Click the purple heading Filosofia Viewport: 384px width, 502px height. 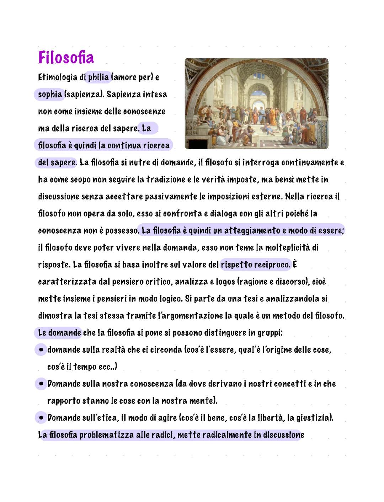coord(66,57)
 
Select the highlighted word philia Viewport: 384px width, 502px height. coord(98,77)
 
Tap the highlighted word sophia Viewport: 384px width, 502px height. coord(50,94)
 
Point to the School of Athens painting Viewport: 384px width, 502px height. coord(256,103)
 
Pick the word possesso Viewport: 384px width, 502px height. coord(121,231)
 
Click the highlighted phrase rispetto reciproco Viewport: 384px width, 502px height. coord(255,265)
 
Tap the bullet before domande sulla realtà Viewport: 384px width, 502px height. coord(41,350)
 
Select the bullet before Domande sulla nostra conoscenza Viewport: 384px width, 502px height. coord(41,384)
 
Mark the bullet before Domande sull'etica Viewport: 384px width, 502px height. coord(41,418)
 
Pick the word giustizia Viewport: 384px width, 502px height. coord(314,418)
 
